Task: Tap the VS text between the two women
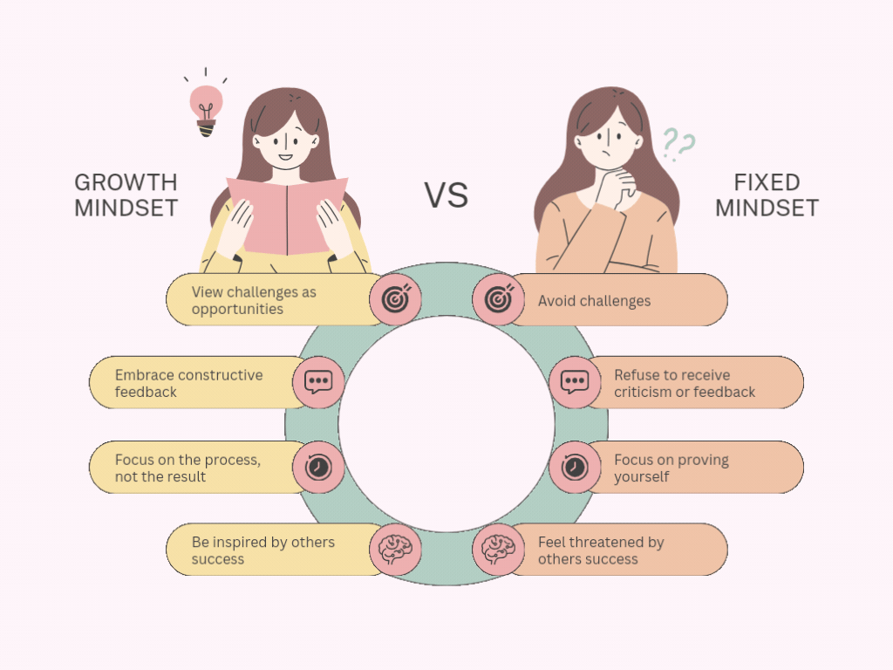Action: [446, 195]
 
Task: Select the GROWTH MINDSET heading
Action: [126, 195]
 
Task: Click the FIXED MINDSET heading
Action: [767, 195]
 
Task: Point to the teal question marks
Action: [678, 144]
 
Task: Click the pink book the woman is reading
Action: [288, 214]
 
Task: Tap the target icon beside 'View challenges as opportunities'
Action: [396, 299]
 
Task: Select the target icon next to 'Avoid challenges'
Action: [499, 299]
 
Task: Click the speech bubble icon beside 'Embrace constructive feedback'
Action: [318, 382]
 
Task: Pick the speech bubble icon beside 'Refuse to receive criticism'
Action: [574, 382]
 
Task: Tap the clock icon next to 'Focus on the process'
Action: [318, 467]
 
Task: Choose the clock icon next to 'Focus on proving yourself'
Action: [574, 467]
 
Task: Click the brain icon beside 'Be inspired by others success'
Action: [396, 550]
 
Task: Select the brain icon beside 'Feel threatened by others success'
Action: [499, 550]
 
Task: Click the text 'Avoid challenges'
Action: [594, 301]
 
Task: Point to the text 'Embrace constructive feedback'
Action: [188, 383]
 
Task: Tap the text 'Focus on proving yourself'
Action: [671, 468]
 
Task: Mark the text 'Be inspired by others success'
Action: [262, 550]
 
